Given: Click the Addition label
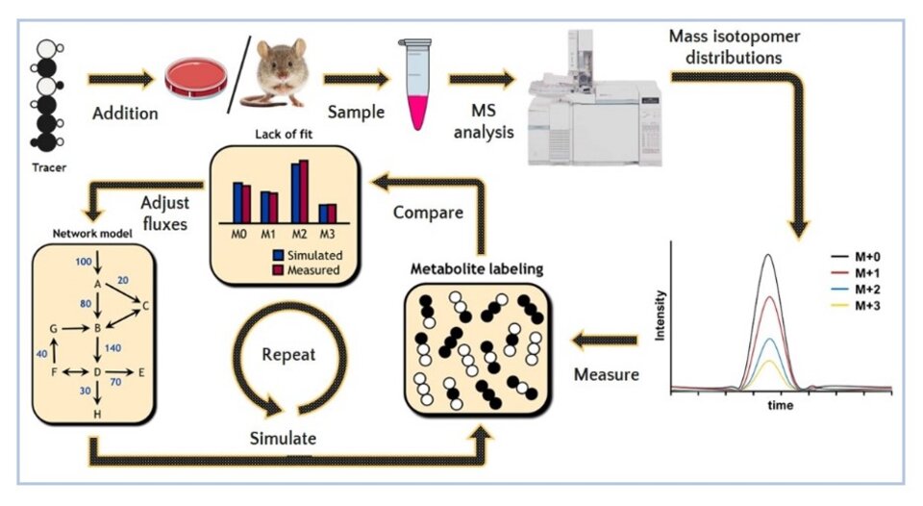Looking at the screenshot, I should tap(123, 114).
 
